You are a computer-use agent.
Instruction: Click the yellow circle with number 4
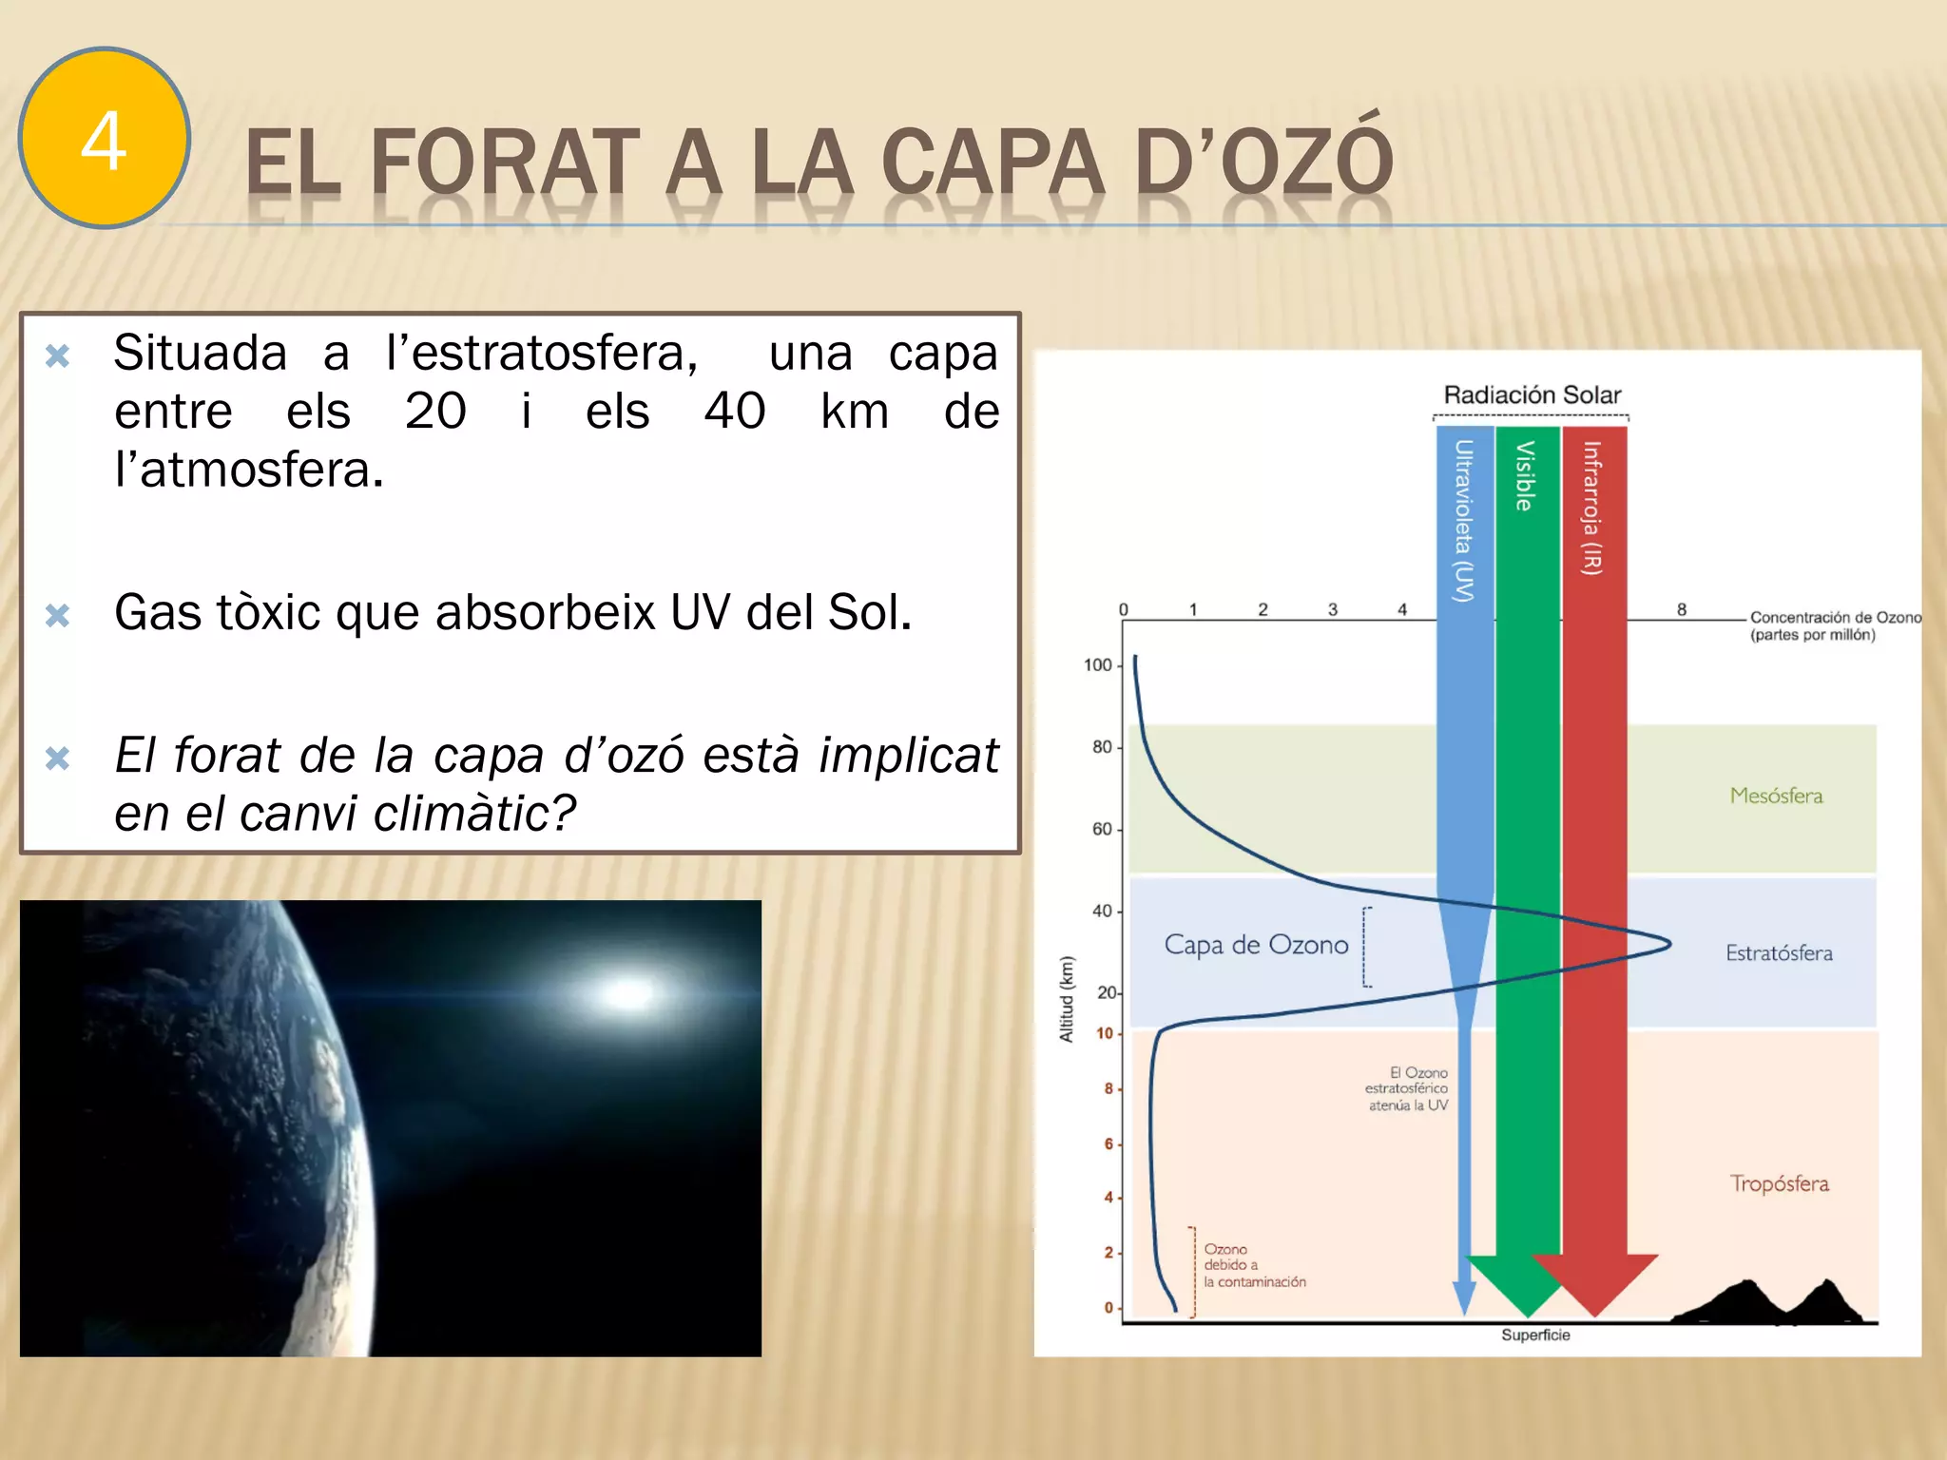105,139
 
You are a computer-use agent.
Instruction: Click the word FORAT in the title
504,163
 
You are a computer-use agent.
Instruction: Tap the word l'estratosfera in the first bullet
542,354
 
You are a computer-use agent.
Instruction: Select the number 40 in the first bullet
734,412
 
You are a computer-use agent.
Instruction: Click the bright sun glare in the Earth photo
627,993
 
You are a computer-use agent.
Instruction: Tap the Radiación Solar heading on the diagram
1532,394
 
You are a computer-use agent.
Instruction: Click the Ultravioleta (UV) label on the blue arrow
1464,521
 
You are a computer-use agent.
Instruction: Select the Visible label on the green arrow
1525,475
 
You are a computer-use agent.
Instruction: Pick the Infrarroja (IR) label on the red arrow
1592,509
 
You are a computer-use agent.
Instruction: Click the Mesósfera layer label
1776,796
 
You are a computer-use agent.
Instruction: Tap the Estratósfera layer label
1779,952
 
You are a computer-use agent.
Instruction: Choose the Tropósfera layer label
1779,1183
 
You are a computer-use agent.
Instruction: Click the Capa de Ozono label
1256,945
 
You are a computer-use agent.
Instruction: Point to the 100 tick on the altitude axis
1098,665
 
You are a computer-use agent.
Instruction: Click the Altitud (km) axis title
1067,999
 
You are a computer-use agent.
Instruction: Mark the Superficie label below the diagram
1535,1335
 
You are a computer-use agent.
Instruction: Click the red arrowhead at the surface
1595,1283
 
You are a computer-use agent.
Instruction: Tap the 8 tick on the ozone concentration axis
1682,609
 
